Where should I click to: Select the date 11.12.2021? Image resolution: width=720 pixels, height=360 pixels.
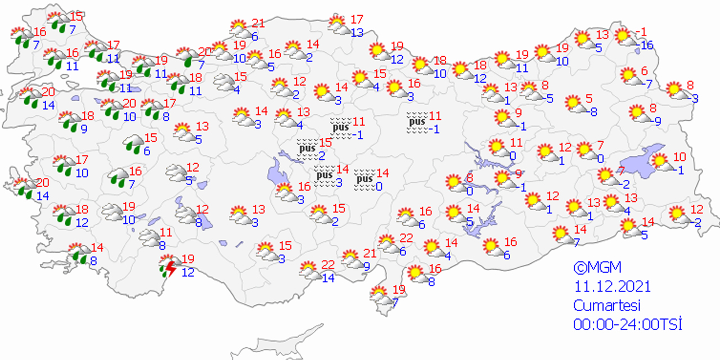coord(612,286)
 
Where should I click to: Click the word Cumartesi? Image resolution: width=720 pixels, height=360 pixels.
coord(606,305)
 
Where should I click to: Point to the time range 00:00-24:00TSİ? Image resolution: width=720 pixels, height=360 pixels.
coord(627,325)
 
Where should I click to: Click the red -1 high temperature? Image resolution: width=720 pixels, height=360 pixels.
coord(640,31)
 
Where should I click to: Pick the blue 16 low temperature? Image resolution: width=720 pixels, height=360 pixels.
coord(647,46)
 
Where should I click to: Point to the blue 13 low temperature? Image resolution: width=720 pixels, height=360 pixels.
coord(357,33)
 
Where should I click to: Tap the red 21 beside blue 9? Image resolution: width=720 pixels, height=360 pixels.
coord(370,253)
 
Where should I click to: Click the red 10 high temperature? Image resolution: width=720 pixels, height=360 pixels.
coord(679,157)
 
